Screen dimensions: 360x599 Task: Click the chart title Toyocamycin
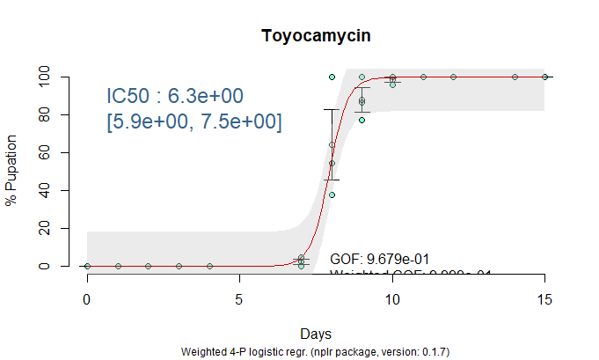click(315, 36)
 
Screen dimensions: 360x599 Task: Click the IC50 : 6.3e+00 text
click(174, 95)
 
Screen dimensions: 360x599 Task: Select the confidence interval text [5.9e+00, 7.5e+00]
click(194, 122)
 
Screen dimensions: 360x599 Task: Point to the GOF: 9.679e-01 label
click(379, 259)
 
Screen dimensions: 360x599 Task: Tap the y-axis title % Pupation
click(12, 171)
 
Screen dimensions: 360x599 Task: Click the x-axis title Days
click(315, 334)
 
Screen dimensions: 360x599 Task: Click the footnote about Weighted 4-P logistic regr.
click(315, 352)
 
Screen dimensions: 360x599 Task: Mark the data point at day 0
click(87, 266)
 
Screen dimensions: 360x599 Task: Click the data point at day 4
click(209, 266)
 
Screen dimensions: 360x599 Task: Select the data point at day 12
click(453, 77)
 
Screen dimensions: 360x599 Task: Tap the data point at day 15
click(544, 77)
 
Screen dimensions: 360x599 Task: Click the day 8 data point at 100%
click(332, 77)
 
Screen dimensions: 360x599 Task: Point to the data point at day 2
click(148, 266)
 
